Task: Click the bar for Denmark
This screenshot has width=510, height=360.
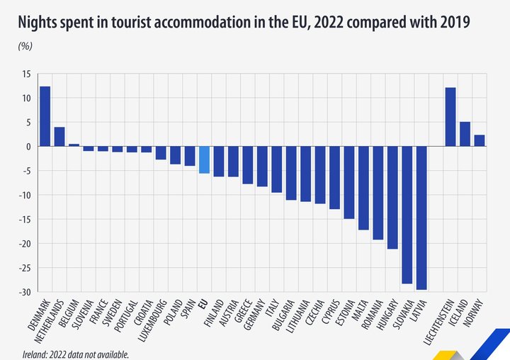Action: tap(45, 116)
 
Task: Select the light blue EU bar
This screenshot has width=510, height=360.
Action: tap(204, 159)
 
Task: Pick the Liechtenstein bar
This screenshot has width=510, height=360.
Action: tap(450, 117)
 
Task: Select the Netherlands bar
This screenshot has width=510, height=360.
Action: tap(59, 137)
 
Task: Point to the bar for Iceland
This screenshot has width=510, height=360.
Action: tap(465, 134)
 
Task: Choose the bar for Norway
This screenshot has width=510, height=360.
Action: tap(480, 140)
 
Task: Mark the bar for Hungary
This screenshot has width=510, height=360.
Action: tap(392, 198)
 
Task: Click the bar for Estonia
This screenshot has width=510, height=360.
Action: tap(349, 182)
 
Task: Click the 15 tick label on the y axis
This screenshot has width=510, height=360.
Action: tap(26, 74)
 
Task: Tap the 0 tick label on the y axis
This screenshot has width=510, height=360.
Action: tap(28, 147)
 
